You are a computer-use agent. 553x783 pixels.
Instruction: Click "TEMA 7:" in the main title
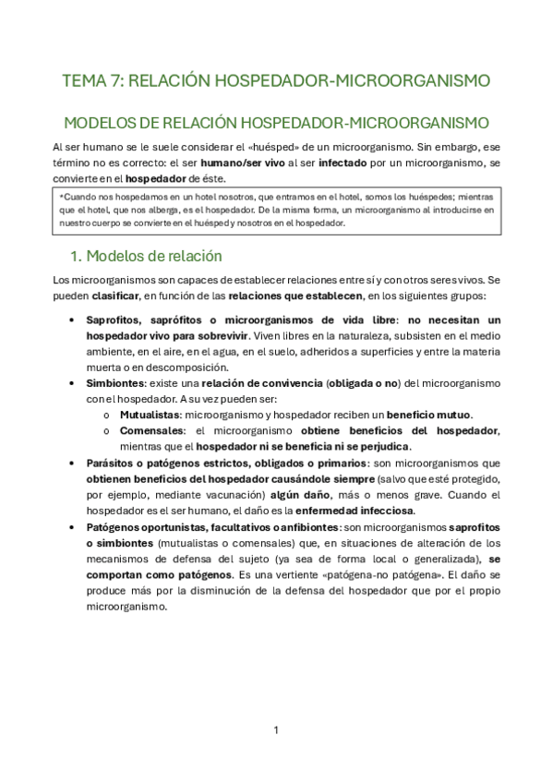(90, 81)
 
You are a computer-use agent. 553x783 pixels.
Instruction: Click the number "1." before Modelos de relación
(78, 255)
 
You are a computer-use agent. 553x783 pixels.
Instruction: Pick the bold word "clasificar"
(116, 295)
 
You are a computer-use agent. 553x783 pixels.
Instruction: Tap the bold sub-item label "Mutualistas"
(151, 415)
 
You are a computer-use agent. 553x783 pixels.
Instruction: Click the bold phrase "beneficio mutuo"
(430, 415)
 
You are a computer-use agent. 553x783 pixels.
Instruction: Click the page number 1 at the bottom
(276, 730)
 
